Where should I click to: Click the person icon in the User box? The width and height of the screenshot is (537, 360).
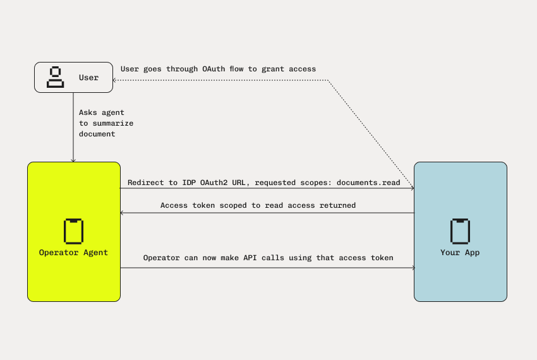point(56,76)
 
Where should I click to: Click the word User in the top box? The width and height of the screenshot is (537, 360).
point(88,78)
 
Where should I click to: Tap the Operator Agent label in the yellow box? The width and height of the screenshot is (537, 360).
point(73,253)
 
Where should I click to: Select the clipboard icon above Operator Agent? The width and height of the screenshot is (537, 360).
point(73,231)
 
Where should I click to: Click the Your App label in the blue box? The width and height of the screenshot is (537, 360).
point(460,253)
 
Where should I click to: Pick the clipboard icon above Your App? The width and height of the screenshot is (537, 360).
point(460,231)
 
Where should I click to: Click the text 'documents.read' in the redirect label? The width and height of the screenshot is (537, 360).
point(368,183)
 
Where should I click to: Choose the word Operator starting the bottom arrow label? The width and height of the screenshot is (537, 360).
point(163,258)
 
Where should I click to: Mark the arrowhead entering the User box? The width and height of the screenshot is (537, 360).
point(114,80)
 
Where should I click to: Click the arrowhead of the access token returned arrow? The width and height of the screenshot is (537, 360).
point(123,213)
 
